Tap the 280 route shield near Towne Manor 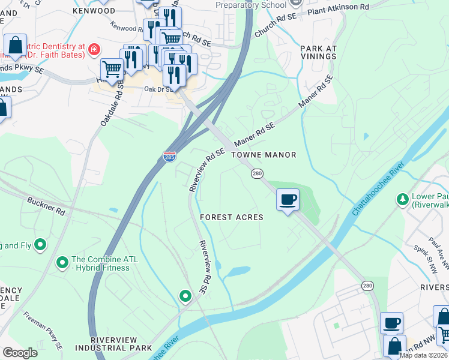point(256,173)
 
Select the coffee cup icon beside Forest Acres point(288,199)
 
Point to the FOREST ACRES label point(232,217)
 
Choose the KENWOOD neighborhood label point(94,11)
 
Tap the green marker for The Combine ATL point(62,263)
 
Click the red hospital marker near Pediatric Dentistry point(94,49)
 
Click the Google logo point(20,353)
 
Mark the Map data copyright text point(423,355)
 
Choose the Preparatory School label point(252,5)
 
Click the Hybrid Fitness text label point(100,268)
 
